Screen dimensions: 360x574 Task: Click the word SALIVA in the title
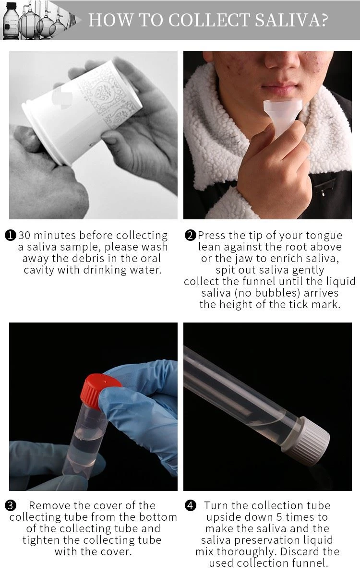[284, 20]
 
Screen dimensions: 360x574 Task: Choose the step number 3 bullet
[11, 505]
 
